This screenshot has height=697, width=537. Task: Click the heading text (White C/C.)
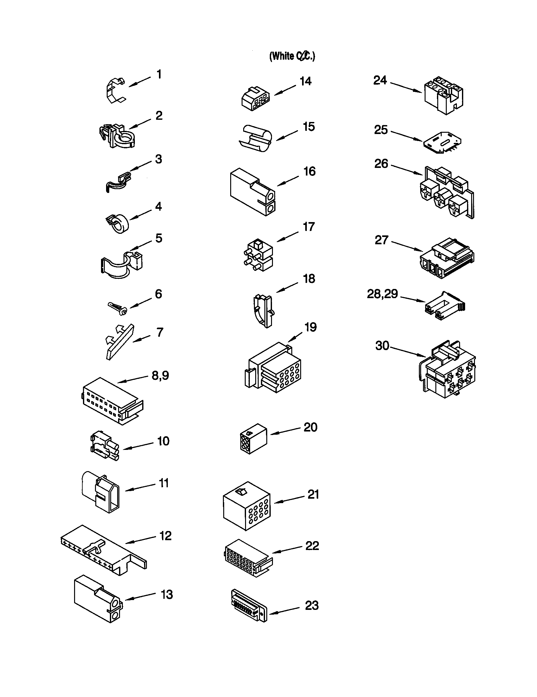pos(292,56)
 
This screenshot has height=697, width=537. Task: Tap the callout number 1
pos(159,74)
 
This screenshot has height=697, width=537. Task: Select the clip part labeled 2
pos(117,135)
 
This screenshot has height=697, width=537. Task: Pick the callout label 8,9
pos(160,375)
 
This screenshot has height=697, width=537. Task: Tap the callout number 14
pos(305,81)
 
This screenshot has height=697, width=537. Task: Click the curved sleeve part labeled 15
pos(255,138)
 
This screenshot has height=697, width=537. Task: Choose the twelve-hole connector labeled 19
pos(274,368)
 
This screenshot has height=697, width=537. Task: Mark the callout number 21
pos(313,494)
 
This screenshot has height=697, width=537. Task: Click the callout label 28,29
pos(382,294)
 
